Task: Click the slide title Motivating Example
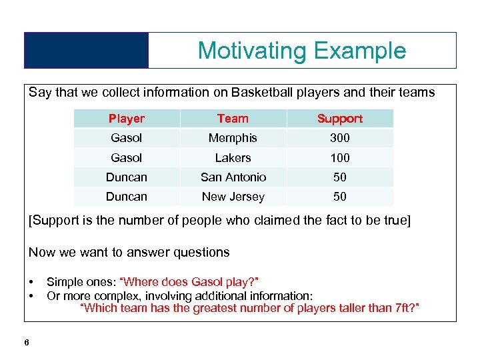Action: coord(301,51)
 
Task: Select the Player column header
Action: coord(126,119)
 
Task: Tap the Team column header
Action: coord(233,119)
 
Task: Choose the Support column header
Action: coord(339,119)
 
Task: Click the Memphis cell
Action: coord(233,138)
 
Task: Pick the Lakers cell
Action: coord(233,158)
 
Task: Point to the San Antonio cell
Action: coord(233,177)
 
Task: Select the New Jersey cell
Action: coord(233,197)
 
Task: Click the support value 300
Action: coord(339,138)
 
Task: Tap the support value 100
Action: coord(339,158)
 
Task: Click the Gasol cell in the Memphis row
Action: coord(126,138)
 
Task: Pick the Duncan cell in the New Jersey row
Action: coord(126,197)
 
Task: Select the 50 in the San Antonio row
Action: coord(339,177)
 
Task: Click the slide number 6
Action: coord(26,343)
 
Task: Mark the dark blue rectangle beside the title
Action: coord(86,51)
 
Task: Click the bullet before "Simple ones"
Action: coord(31,282)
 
